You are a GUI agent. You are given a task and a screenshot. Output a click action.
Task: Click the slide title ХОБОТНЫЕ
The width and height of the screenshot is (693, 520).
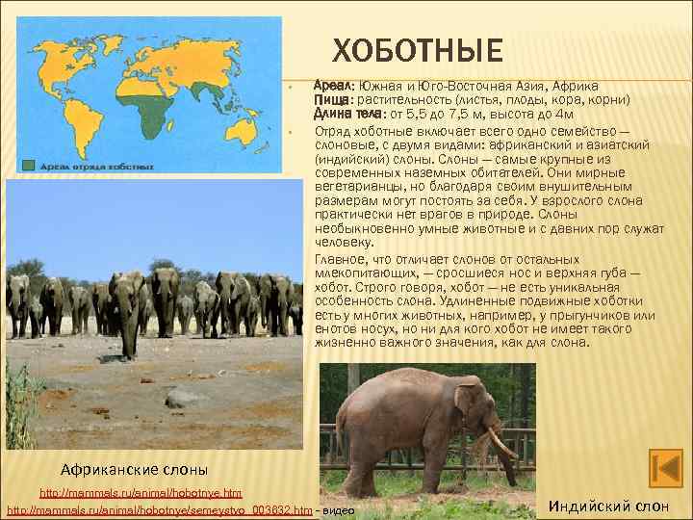(x=418, y=50)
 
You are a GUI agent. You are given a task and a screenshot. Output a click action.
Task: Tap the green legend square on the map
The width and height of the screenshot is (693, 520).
(x=31, y=164)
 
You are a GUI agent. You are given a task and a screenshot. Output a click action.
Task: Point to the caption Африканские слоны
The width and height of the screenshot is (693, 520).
(x=134, y=470)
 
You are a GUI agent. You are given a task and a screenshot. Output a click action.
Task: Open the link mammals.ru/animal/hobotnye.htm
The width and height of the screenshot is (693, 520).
(x=141, y=493)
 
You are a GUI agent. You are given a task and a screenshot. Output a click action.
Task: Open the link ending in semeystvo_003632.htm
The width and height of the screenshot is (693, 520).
(x=160, y=508)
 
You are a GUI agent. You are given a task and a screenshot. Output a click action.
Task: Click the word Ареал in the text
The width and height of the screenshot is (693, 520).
(x=335, y=85)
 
